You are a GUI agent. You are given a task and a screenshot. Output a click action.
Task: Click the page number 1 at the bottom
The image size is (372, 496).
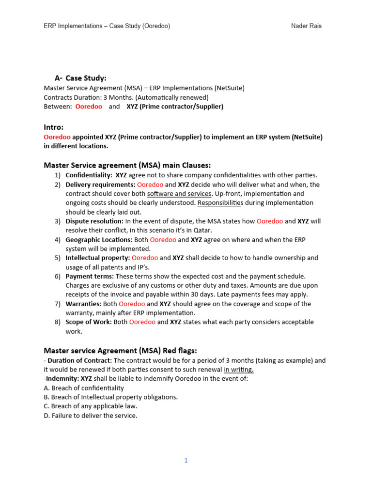(186, 461)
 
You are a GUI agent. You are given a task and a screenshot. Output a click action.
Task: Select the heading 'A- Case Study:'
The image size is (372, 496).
(80, 78)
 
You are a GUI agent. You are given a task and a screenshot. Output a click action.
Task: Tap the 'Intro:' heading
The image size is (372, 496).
(54, 127)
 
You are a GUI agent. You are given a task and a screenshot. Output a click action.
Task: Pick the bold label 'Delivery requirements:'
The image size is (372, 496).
(100, 185)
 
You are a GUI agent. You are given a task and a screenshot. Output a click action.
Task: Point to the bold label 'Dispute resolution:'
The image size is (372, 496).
(94, 221)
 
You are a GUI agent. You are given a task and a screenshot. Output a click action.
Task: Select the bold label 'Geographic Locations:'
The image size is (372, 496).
(99, 239)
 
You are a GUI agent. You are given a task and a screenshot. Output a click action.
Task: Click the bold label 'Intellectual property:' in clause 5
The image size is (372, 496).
(98, 258)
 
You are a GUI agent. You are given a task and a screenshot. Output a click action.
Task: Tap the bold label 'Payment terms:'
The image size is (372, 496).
(90, 276)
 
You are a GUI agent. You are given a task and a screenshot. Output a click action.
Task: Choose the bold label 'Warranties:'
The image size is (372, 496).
(83, 304)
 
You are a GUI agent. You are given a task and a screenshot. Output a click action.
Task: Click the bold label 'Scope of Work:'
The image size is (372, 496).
(89, 322)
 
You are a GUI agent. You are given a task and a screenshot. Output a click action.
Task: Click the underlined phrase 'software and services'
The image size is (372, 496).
(179, 194)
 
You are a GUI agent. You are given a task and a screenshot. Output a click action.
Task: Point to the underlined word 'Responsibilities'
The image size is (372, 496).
(222, 202)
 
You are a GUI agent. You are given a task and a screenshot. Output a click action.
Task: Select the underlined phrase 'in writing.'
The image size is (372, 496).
(239, 370)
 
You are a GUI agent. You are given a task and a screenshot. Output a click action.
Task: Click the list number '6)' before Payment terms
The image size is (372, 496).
(57, 276)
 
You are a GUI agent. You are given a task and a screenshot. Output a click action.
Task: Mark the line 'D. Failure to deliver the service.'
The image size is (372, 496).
(91, 415)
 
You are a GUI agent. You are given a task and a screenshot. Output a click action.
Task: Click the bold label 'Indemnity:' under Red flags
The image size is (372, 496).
(62, 378)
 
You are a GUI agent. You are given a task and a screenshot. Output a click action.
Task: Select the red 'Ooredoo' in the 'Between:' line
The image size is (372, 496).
(89, 106)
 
